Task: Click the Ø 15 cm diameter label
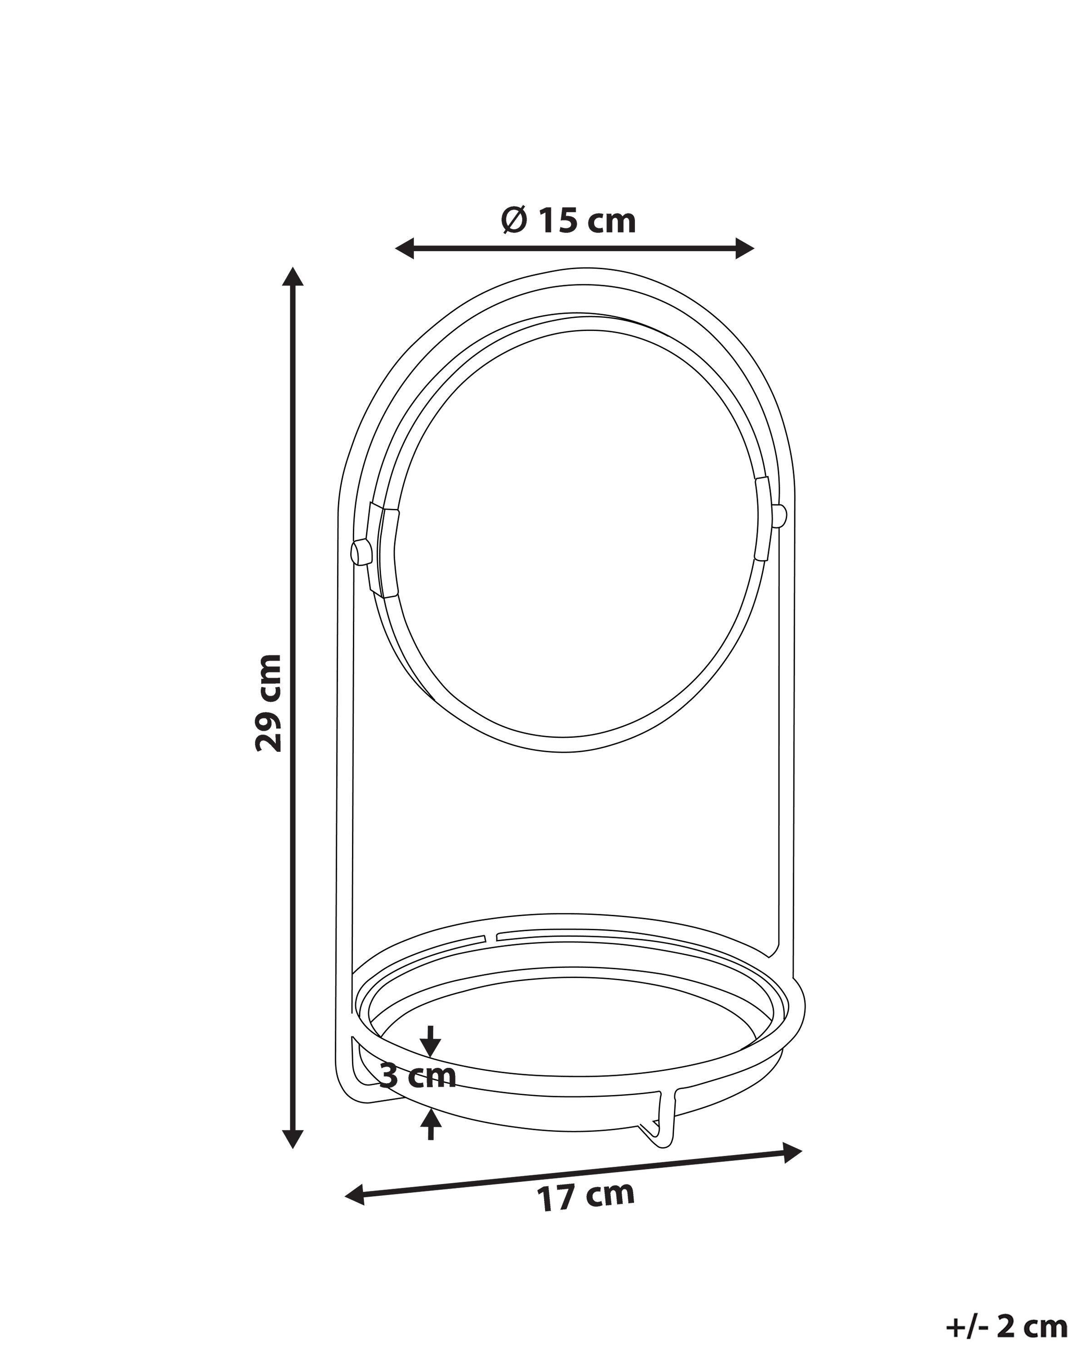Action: point(568,221)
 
